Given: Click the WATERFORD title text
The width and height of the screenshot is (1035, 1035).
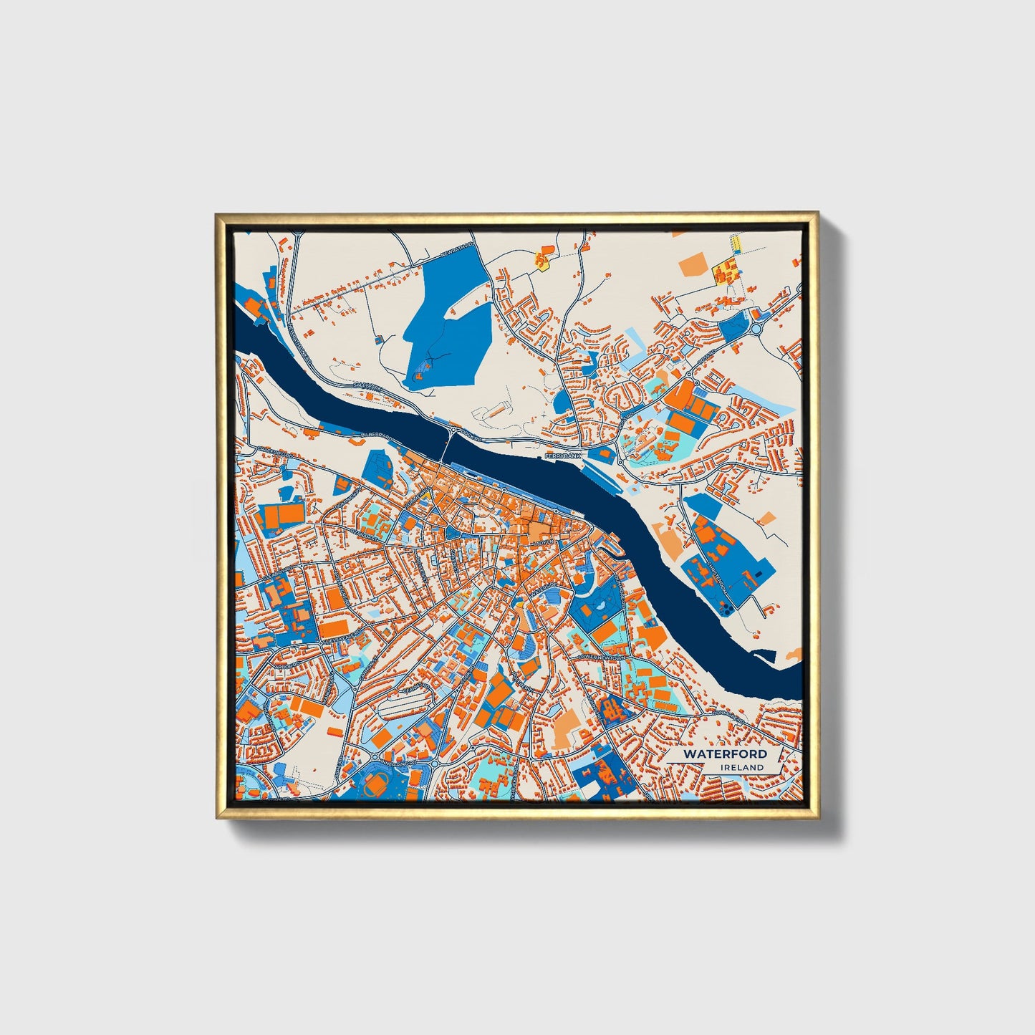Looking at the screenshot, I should point(724,754).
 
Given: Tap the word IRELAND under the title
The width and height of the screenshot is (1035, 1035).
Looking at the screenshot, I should point(743,767).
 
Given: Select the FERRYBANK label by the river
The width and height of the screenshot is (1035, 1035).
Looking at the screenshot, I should point(562,456).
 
